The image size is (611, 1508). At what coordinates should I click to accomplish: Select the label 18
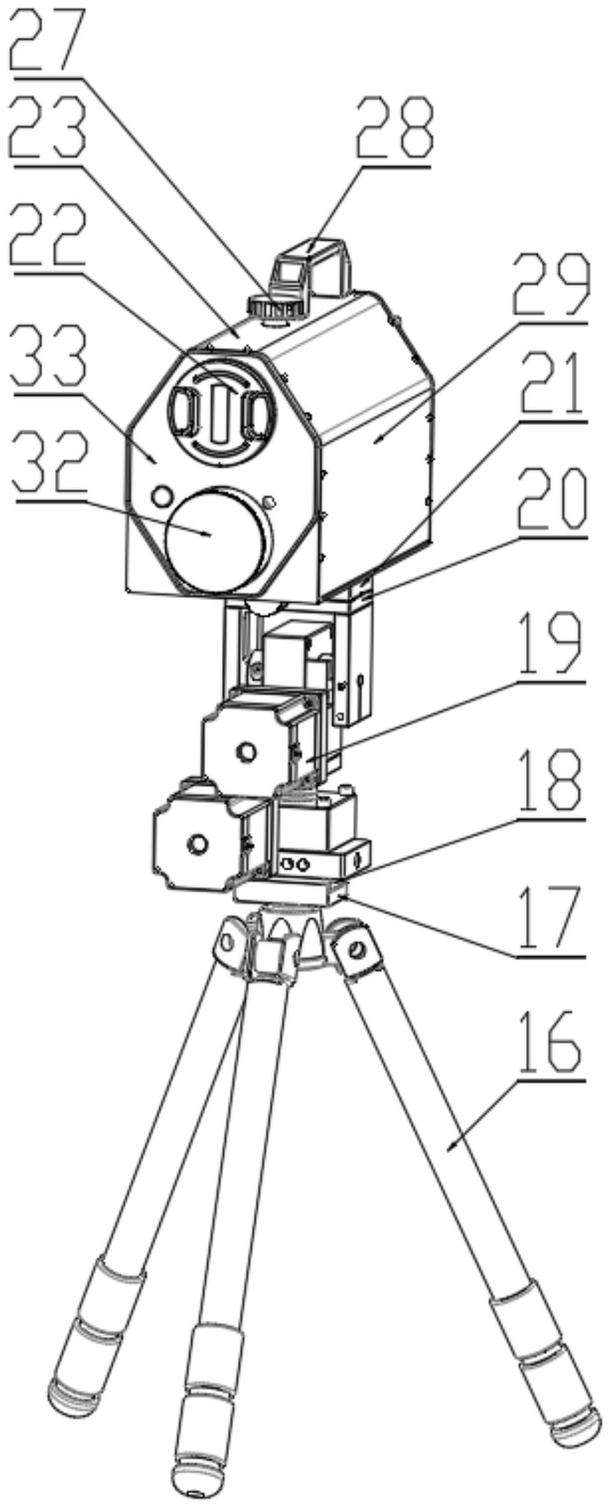[x=551, y=783]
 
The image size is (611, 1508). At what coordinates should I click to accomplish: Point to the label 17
[x=551, y=919]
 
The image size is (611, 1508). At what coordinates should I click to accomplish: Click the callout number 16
[x=551, y=1044]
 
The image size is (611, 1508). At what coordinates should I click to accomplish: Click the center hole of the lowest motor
[x=196, y=844]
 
